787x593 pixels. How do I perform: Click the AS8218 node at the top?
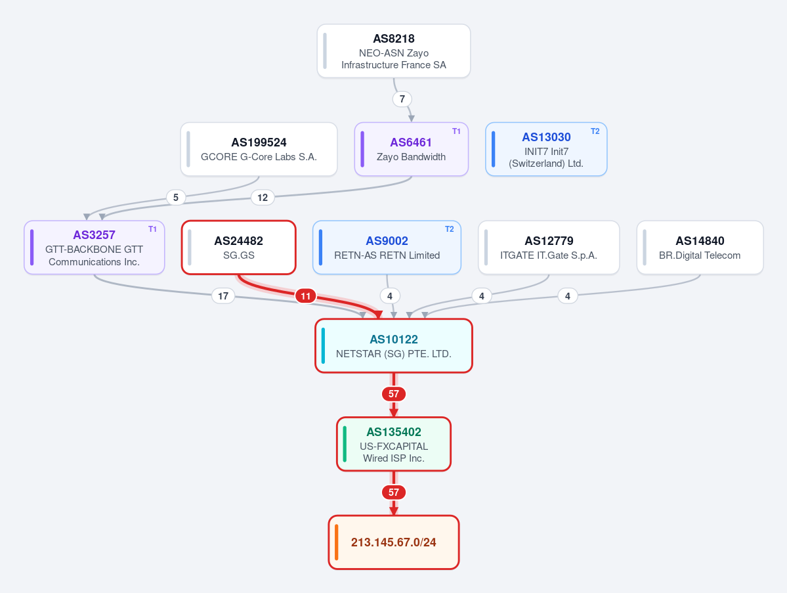394,51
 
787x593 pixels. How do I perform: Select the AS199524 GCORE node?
259,149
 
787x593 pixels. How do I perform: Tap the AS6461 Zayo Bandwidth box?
411,149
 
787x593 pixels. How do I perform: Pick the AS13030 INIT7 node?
546,149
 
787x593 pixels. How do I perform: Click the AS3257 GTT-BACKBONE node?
95,248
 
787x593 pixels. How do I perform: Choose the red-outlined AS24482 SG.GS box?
238,248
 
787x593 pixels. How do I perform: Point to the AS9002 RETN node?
387,248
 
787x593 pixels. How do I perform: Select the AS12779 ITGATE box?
549,248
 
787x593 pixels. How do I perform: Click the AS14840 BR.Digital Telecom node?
700,248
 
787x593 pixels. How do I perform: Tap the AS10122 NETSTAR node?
394,346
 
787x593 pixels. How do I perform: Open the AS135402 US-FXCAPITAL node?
394,445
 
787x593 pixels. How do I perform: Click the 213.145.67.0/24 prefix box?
394,542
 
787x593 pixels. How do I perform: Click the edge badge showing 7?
402,99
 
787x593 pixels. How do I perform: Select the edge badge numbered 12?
263,197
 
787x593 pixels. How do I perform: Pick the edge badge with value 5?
176,197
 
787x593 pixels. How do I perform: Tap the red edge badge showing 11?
306,296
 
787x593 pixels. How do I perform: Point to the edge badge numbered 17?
223,296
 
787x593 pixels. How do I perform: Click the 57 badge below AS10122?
394,394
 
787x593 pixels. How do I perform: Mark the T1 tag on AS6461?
456,131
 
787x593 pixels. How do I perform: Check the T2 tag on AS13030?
595,131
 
